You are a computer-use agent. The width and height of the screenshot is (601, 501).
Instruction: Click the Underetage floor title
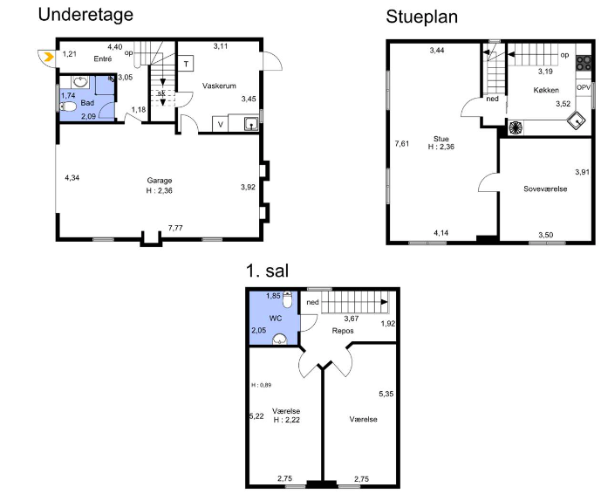[x=85, y=16]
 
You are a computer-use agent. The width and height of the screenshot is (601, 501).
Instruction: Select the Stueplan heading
[x=421, y=17]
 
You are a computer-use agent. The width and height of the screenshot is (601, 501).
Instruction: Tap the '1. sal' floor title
[x=267, y=271]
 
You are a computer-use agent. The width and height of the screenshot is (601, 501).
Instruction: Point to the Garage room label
[x=160, y=181]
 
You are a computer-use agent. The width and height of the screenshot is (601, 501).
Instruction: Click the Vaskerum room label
[x=219, y=86]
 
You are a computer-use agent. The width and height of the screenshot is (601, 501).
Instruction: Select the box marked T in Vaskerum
[x=186, y=64]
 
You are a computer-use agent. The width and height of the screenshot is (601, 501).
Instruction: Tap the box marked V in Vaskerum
[x=221, y=124]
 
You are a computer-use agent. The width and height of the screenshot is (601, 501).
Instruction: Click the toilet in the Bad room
[x=69, y=106]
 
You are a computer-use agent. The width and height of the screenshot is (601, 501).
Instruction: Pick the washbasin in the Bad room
[x=80, y=82]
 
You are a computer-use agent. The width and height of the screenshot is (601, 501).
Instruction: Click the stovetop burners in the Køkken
[x=584, y=64]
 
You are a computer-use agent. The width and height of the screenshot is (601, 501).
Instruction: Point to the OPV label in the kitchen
[x=584, y=87]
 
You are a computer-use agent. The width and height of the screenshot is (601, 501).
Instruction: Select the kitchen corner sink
[x=577, y=120]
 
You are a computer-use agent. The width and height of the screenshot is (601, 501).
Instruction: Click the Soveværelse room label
[x=545, y=189]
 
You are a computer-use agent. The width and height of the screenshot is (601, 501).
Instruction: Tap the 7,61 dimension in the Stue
[x=402, y=144]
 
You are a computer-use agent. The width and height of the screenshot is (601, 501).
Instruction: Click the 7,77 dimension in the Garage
[x=175, y=228]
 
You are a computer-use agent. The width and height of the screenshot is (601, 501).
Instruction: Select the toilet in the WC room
[x=287, y=299]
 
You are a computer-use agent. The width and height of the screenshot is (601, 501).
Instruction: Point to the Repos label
[x=343, y=331]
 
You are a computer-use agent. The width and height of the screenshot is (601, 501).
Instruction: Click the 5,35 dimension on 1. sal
[x=386, y=394]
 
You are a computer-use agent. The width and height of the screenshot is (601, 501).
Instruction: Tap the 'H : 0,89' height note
[x=262, y=385]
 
